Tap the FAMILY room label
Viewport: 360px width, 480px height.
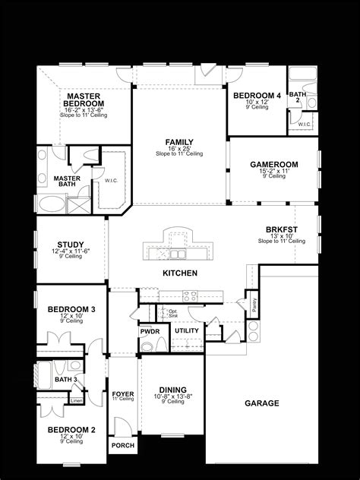tap(179, 142)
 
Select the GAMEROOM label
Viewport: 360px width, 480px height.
tap(273, 164)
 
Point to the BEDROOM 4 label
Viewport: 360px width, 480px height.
tap(257, 96)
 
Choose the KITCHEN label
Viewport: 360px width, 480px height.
tap(180, 273)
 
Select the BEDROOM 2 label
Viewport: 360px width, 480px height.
tap(71, 430)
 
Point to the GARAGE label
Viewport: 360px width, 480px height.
tap(263, 403)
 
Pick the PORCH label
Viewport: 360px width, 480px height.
tap(122, 446)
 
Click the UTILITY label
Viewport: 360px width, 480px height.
tap(186, 331)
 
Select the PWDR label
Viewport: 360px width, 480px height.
tap(149, 331)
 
